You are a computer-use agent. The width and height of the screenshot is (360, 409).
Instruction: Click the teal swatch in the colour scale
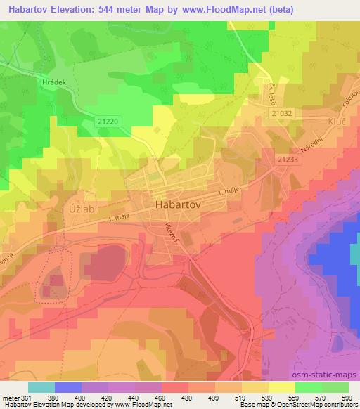(x=41, y=387)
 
